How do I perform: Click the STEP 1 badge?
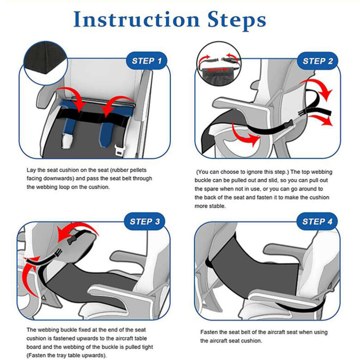(x=147, y=61)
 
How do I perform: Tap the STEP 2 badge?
(x=317, y=61)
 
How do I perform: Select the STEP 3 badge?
(x=144, y=221)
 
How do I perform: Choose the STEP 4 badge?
(x=317, y=221)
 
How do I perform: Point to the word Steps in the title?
(x=237, y=20)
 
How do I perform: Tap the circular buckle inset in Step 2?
(x=219, y=64)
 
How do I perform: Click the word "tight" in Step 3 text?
(x=147, y=347)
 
